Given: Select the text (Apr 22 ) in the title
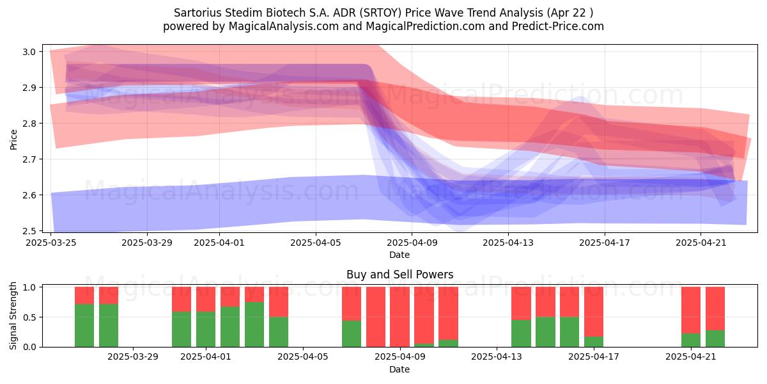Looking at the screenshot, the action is (569, 13).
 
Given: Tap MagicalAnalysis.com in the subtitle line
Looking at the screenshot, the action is (284, 26).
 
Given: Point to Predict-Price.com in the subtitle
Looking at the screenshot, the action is (558, 26).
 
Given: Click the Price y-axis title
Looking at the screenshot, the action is (13, 140).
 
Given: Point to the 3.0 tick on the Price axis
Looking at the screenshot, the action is (29, 52).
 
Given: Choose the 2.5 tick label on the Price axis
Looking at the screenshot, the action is (29, 231).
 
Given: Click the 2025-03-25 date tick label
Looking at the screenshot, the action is (51, 243).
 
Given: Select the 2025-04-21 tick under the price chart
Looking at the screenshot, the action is (701, 243).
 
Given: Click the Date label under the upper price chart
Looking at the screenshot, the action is (399, 255).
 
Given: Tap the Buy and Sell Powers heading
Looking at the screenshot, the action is (399, 275).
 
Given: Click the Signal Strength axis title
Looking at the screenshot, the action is (13, 316).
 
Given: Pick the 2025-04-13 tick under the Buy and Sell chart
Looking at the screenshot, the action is (497, 357).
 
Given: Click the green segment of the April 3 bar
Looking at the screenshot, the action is (254, 324).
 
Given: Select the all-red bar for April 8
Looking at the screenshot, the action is (376, 317).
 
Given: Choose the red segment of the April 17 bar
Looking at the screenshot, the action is (594, 312).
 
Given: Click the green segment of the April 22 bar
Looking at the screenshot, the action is (715, 339).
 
